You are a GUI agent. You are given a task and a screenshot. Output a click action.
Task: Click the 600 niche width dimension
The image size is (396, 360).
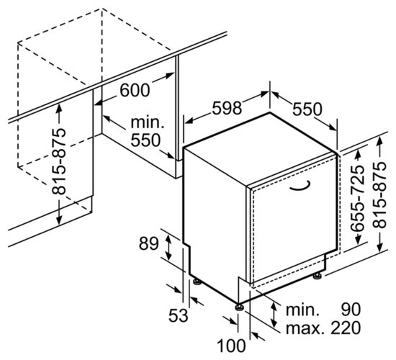(x=135, y=90)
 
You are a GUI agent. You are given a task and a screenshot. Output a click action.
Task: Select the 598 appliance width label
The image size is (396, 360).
(x=227, y=108)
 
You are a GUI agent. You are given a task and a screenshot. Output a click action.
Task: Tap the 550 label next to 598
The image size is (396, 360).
(x=307, y=109)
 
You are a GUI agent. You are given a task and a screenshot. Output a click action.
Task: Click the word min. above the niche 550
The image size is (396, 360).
(x=148, y=122)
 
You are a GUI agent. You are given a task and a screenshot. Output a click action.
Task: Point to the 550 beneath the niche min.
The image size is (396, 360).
(x=145, y=140)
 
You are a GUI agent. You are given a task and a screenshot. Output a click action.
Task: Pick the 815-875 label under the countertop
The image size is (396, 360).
(x=59, y=162)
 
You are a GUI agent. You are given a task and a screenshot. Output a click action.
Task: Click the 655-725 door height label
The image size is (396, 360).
(x=358, y=199)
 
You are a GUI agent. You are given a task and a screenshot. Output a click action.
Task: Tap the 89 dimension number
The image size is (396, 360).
(x=149, y=244)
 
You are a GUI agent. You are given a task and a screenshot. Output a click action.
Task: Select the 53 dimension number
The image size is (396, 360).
(x=179, y=315)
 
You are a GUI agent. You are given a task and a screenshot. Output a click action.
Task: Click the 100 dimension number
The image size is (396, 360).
(x=231, y=346)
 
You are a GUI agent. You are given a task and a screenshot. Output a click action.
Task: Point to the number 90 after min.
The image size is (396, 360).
(x=351, y=310)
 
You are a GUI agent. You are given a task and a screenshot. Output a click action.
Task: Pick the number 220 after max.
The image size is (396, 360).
(x=346, y=328)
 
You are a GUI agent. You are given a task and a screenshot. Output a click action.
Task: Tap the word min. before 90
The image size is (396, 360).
(x=301, y=310)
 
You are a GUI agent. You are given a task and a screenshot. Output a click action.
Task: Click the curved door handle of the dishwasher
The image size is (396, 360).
(x=300, y=187)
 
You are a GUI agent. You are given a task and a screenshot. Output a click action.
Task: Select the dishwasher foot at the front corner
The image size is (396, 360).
(x=239, y=307)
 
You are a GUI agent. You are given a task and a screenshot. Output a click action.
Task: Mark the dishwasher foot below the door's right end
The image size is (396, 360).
(x=318, y=276)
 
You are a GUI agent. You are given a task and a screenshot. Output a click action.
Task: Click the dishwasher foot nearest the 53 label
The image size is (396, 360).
(x=197, y=282)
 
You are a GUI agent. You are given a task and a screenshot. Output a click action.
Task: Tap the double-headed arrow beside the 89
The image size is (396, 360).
(x=168, y=247)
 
